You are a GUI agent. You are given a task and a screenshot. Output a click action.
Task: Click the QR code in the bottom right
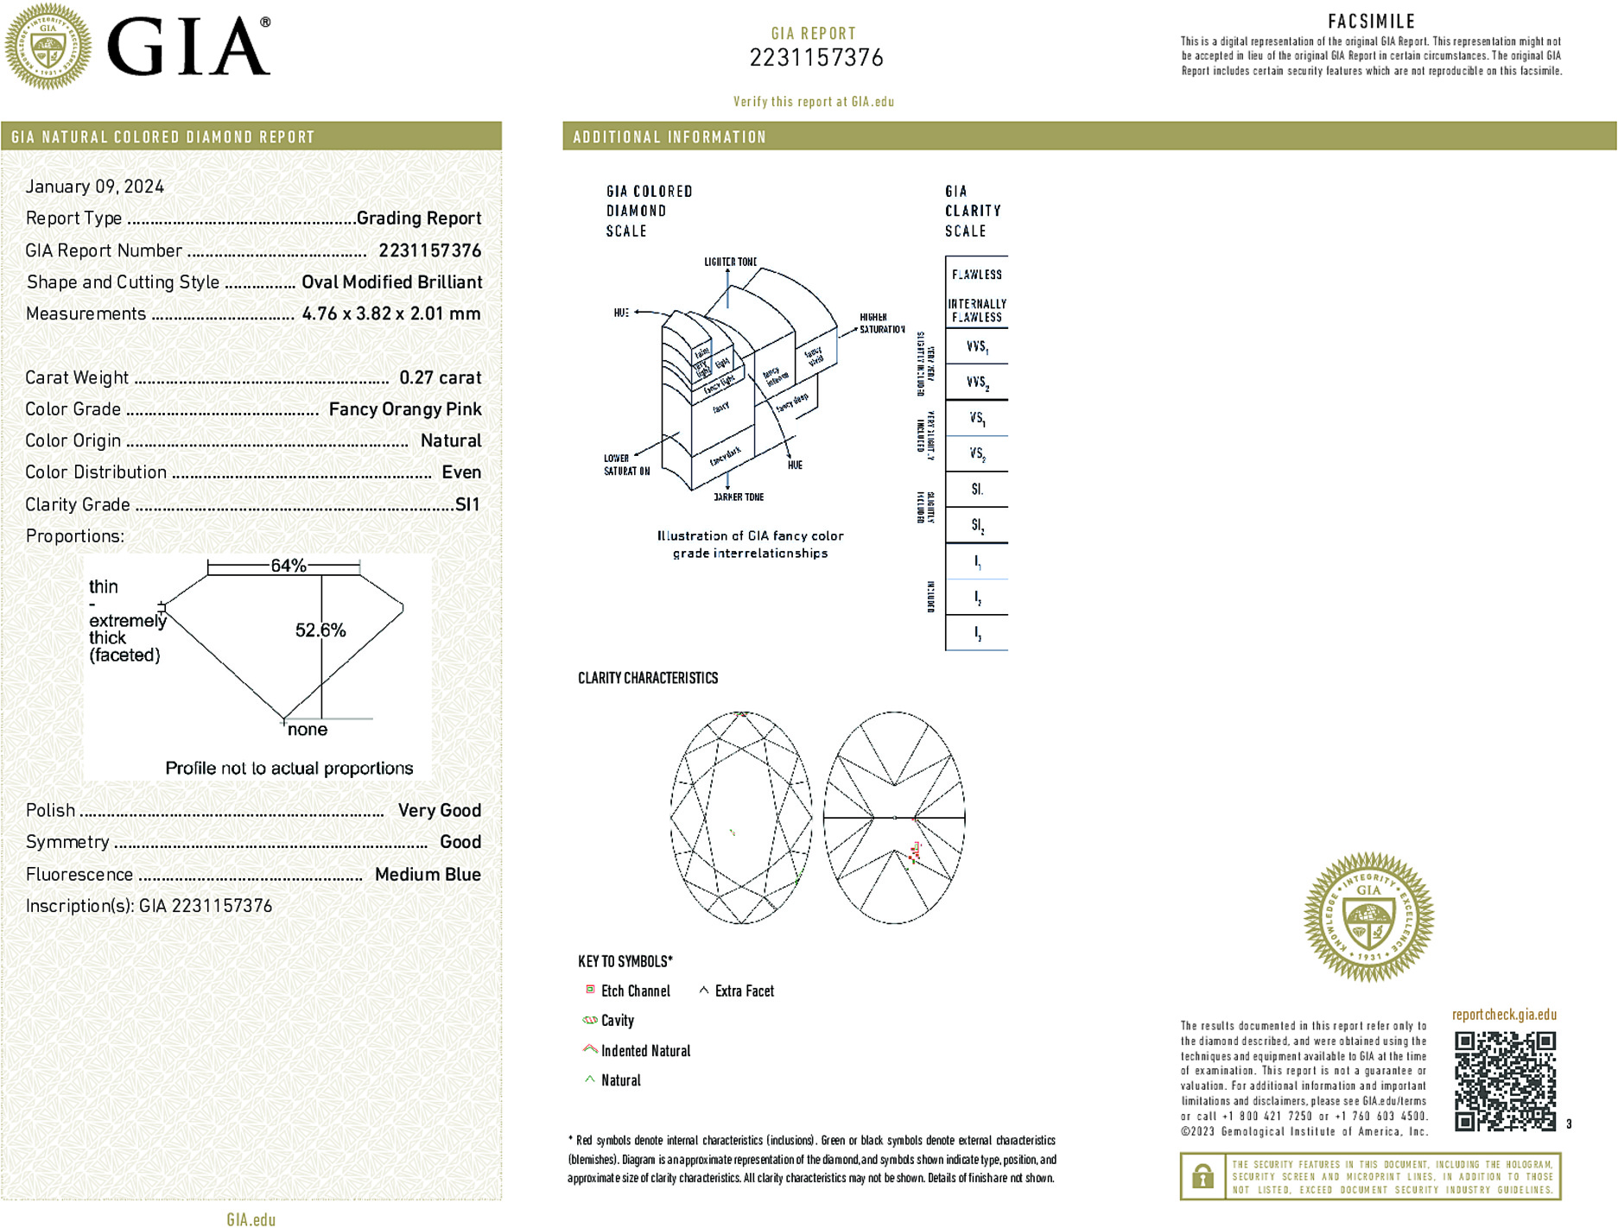click(1505, 1080)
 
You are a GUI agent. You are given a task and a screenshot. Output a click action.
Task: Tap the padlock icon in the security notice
click(1202, 1176)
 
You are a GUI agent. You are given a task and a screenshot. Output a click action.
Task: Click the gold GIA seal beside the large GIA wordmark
click(48, 47)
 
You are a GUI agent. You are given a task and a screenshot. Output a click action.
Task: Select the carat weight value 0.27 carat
click(440, 377)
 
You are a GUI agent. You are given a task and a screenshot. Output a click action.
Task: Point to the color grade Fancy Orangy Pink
click(404, 409)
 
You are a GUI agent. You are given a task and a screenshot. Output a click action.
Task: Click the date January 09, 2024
click(95, 187)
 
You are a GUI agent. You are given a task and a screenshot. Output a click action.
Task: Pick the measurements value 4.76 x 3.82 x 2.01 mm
click(391, 313)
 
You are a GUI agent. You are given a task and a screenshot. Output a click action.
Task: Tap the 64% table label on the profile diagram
click(289, 566)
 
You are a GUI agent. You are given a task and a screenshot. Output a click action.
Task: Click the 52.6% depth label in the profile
click(320, 630)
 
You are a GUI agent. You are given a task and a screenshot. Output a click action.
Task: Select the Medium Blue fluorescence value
click(428, 874)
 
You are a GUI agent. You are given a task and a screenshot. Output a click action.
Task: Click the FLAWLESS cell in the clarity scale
click(977, 275)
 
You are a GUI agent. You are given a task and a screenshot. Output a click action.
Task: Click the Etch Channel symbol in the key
click(591, 990)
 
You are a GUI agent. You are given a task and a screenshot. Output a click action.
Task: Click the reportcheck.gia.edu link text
click(1504, 1015)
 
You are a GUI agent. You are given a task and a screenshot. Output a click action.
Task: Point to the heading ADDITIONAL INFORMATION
click(669, 137)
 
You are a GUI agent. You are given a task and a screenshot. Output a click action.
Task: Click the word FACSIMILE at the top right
click(1371, 21)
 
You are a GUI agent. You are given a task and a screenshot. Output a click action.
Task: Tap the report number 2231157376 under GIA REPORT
click(816, 58)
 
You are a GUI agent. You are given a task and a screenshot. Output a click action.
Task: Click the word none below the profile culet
click(308, 730)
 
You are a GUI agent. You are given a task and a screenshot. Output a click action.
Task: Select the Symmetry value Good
click(460, 842)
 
